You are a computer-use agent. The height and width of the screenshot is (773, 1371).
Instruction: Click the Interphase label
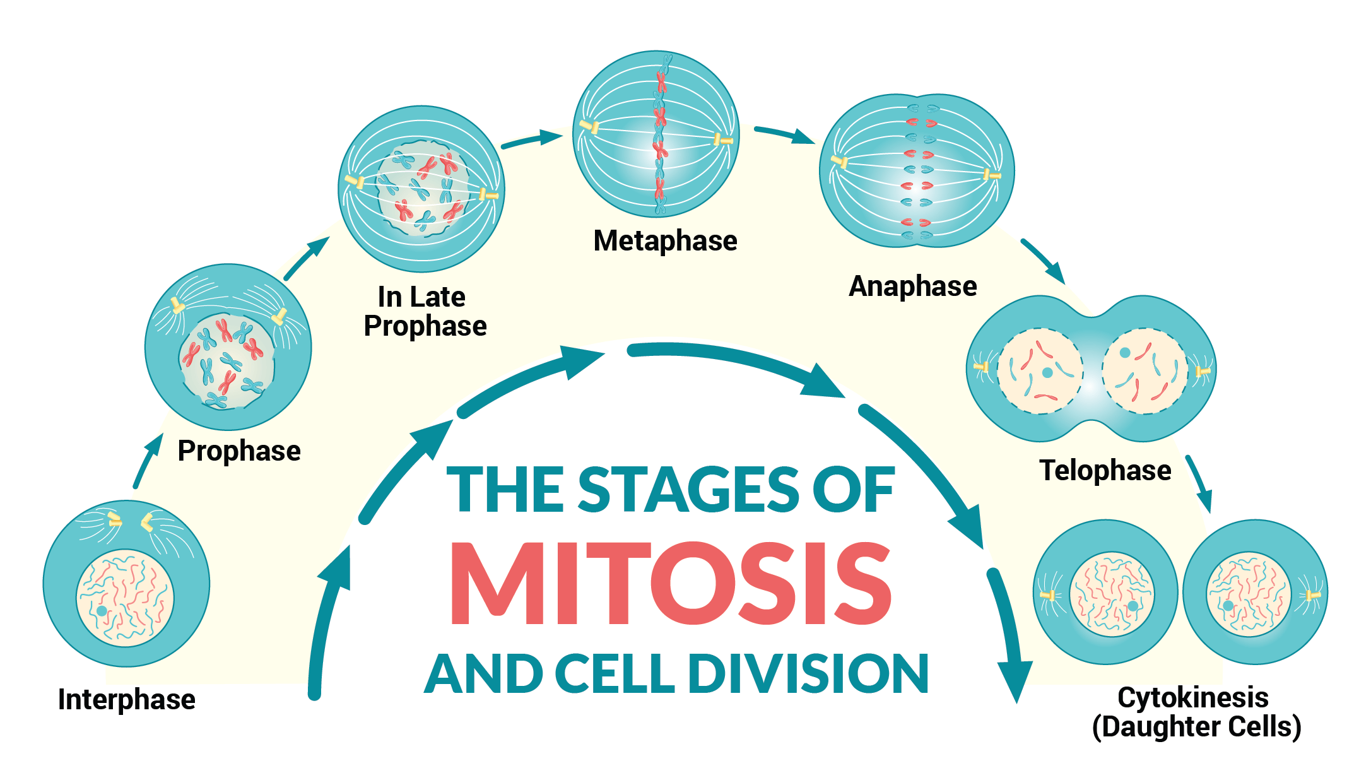click(126, 699)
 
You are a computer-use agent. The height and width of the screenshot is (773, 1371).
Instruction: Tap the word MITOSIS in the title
click(670, 584)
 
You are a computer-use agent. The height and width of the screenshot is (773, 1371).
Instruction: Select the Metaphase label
click(665, 240)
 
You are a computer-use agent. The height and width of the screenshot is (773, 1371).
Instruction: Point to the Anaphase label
click(912, 286)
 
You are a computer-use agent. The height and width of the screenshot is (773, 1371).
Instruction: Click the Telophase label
click(1105, 470)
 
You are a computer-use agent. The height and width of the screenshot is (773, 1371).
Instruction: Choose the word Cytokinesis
click(1192, 697)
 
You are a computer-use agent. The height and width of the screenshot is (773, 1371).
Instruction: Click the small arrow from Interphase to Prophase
click(146, 461)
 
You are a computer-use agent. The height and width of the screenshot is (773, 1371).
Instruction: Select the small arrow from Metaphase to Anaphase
click(784, 133)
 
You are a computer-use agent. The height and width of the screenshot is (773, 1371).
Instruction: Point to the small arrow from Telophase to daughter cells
click(1199, 483)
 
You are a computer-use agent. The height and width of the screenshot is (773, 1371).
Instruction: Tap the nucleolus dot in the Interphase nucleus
click(102, 611)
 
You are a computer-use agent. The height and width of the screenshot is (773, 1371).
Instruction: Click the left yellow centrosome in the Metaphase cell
click(589, 126)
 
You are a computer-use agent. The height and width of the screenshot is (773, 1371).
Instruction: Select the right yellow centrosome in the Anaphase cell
click(991, 175)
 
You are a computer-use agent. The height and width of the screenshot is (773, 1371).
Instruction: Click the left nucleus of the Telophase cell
click(1039, 371)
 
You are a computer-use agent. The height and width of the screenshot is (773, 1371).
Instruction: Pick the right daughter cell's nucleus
click(1248, 594)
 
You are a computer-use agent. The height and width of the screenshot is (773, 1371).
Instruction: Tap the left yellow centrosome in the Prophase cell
click(177, 306)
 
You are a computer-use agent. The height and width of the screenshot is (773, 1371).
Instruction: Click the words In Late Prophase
click(425, 312)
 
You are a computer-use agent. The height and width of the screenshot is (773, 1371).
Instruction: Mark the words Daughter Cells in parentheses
click(1196, 727)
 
